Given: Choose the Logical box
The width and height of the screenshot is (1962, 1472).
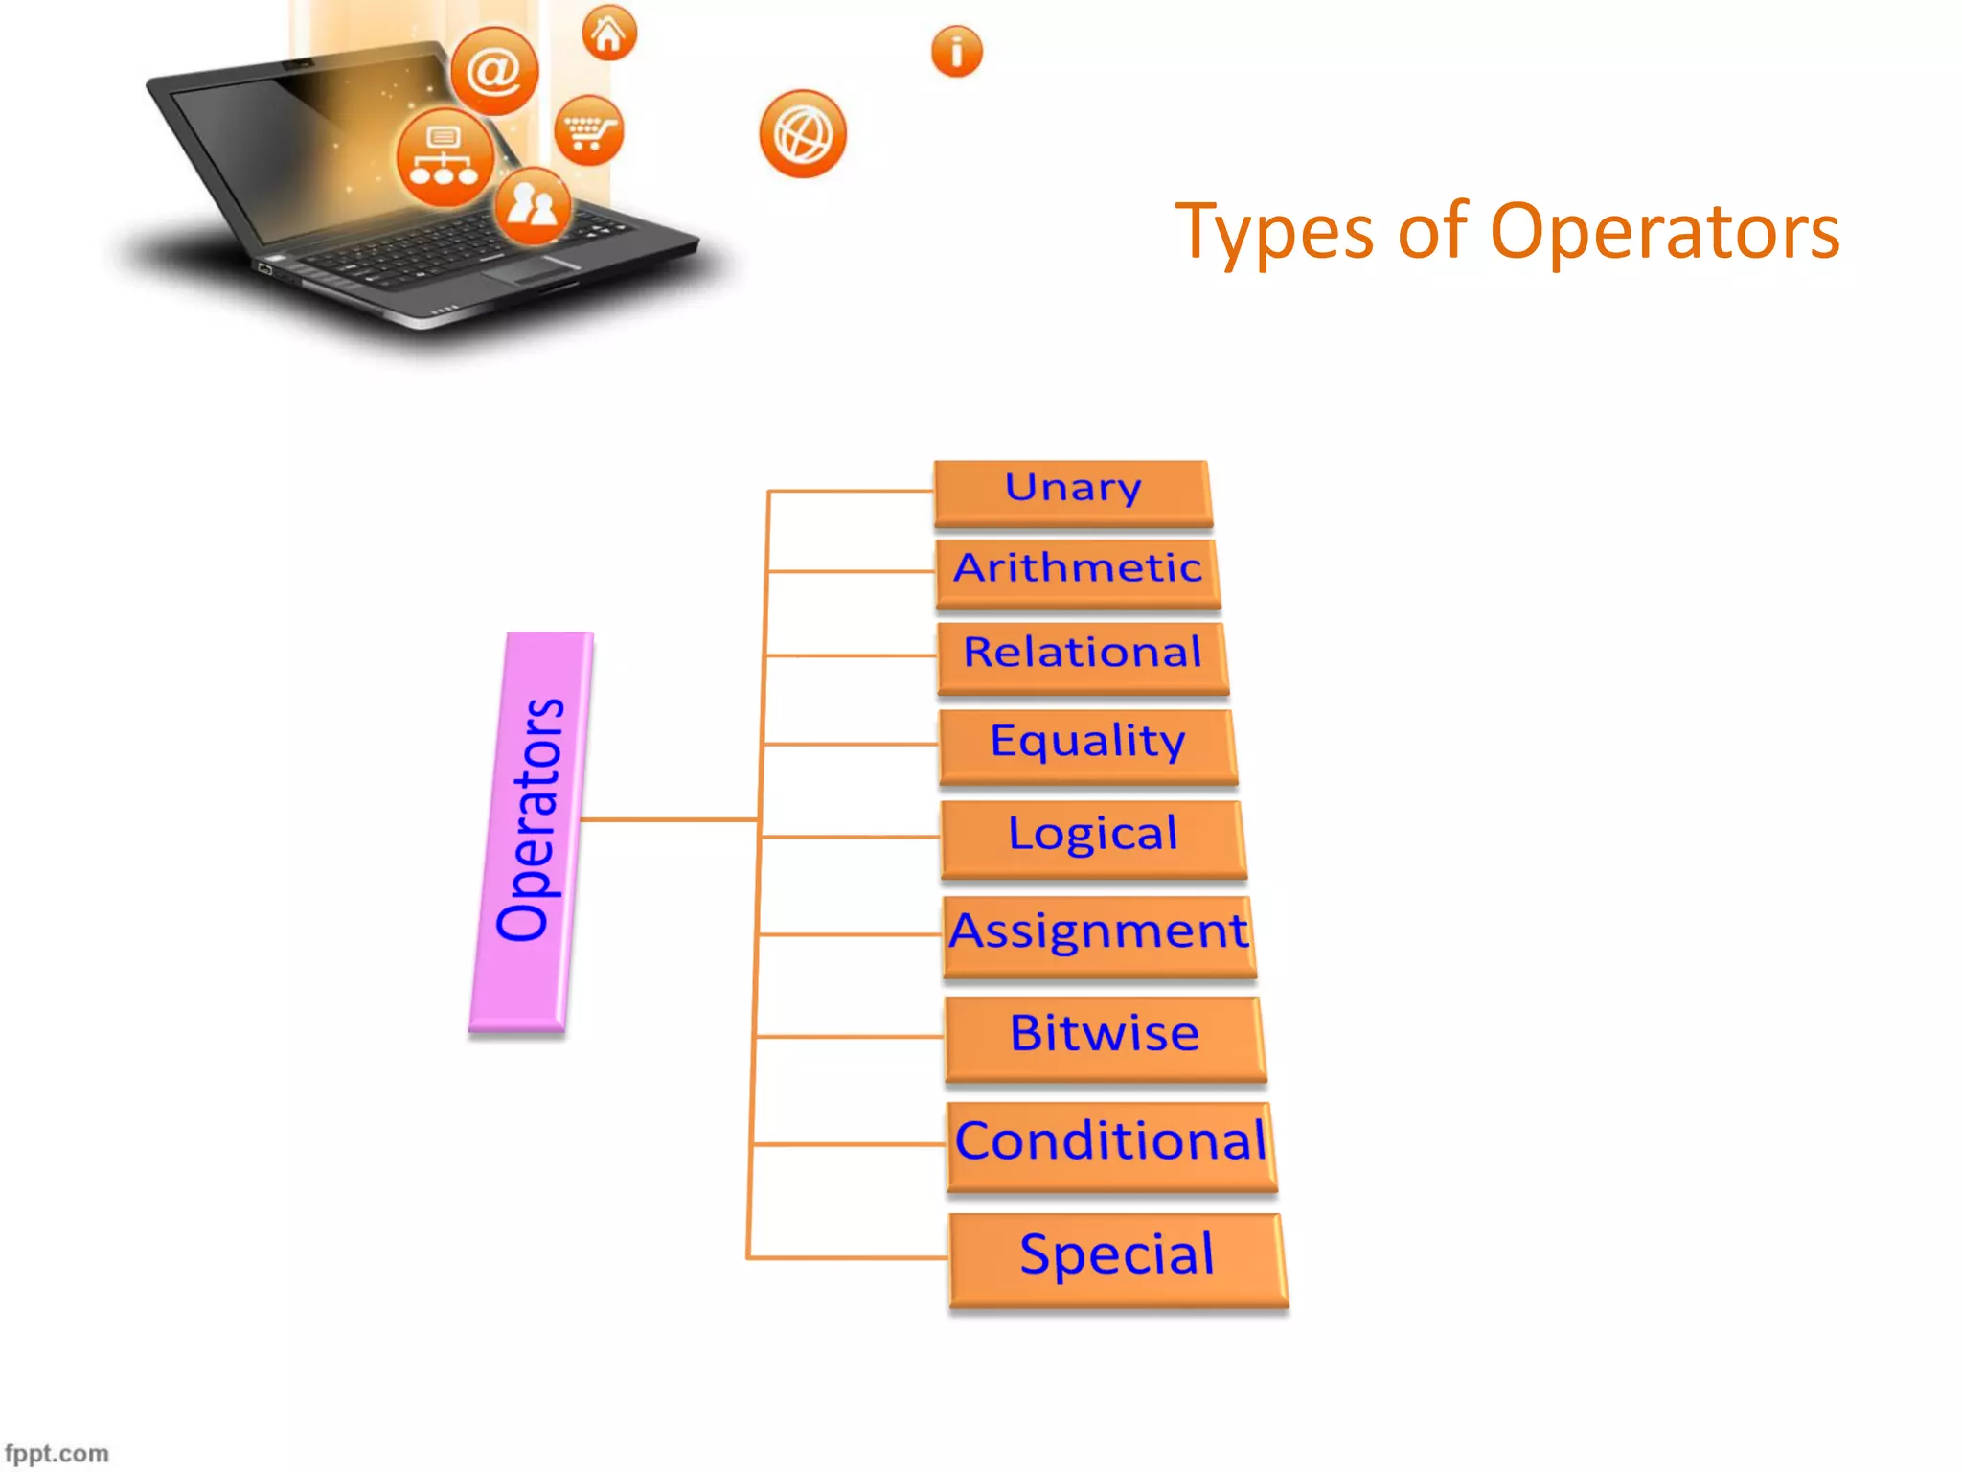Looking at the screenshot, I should click(x=1093, y=838).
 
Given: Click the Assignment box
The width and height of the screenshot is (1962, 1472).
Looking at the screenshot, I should click(x=1099, y=935).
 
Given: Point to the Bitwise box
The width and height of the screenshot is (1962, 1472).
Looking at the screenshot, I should click(x=1105, y=1038).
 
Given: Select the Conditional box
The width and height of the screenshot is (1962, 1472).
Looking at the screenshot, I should click(x=1111, y=1145).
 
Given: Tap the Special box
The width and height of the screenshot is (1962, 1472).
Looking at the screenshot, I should click(x=1117, y=1258).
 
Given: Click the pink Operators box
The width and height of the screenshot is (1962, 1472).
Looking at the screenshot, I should click(x=531, y=831).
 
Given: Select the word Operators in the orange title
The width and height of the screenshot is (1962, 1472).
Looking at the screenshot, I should click(x=1665, y=232).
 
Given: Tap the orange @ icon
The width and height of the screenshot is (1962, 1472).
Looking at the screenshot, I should click(x=494, y=71).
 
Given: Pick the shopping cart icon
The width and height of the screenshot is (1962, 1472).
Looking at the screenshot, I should click(x=589, y=130).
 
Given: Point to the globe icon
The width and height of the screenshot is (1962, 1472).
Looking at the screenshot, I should click(x=803, y=134).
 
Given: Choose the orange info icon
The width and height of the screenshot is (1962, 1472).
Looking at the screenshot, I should click(x=956, y=52).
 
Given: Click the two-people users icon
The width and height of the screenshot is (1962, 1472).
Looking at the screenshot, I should click(x=533, y=205).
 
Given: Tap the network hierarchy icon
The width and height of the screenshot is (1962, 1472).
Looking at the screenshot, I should click(x=445, y=157).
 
